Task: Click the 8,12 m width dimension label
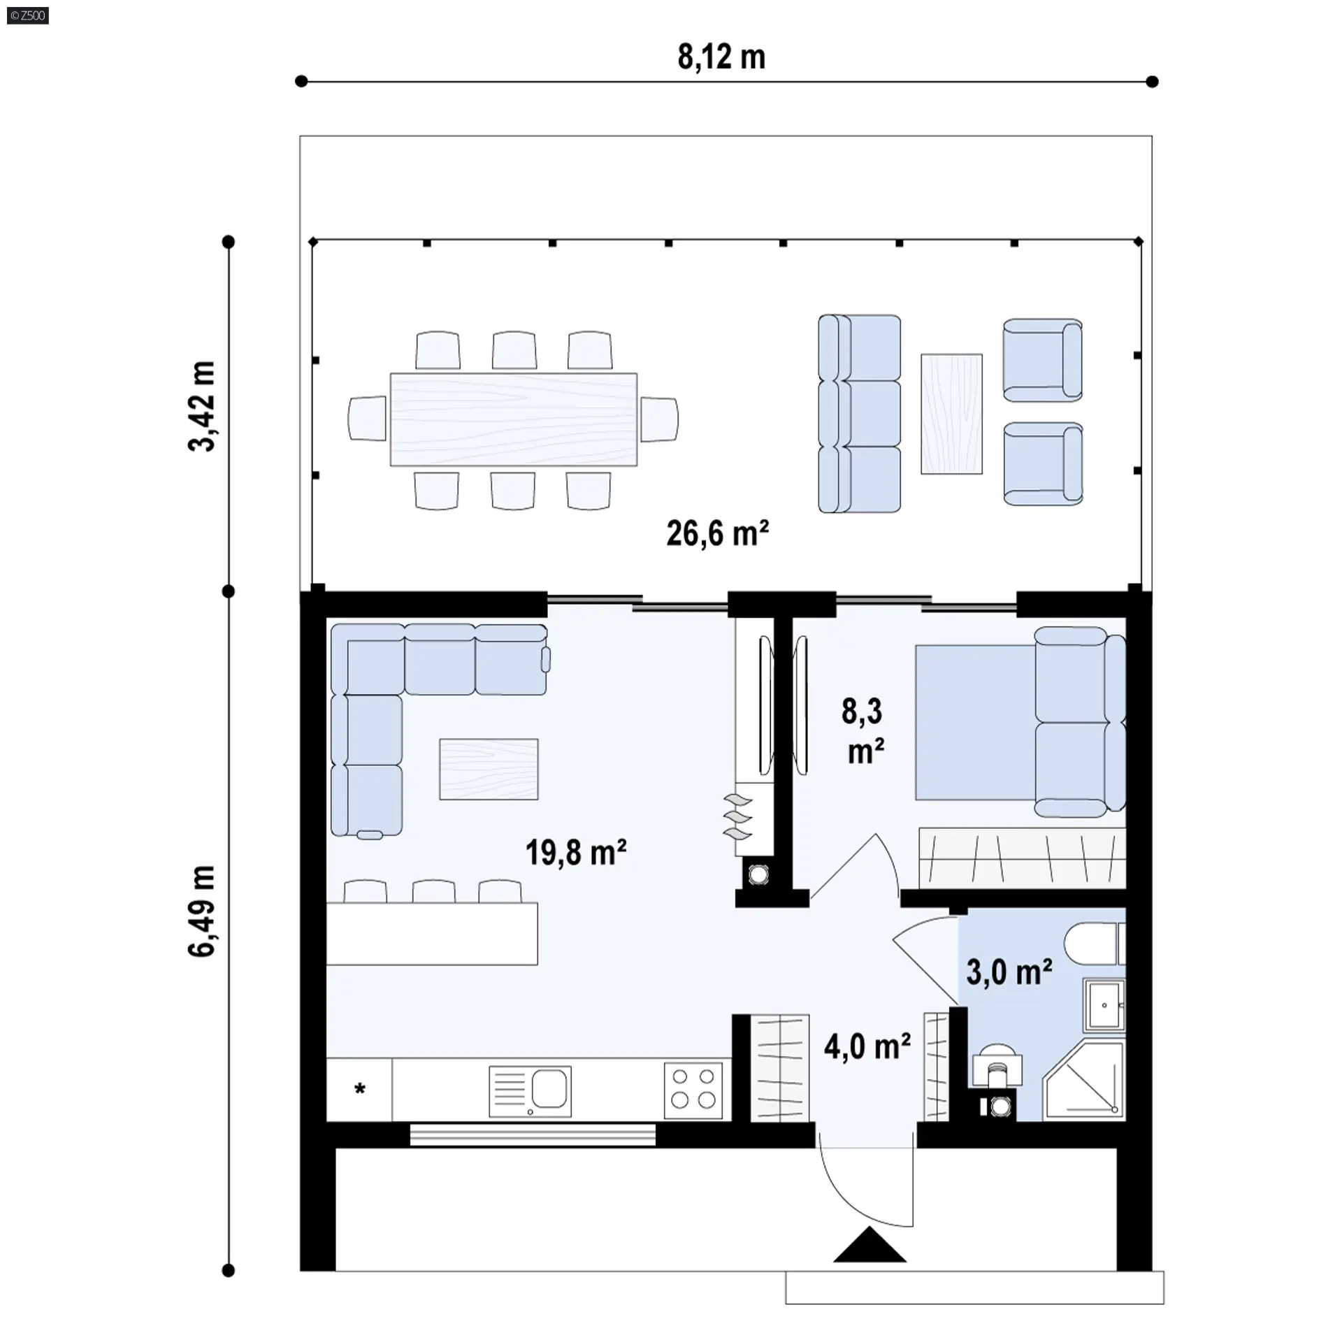coord(721,57)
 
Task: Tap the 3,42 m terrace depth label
coord(203,406)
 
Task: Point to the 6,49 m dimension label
coord(203,911)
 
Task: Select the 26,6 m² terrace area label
coord(717,533)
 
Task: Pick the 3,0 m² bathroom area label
coord(1009,972)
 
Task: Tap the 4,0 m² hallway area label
coord(867,1046)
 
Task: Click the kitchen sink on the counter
coord(530,1091)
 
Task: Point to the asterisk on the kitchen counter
coord(360,1089)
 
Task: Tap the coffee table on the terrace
coord(951,414)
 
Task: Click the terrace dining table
coord(514,419)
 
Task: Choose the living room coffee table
coord(489,769)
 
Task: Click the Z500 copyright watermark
coord(28,15)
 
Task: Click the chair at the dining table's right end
coord(659,419)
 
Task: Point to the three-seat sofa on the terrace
coord(860,414)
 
